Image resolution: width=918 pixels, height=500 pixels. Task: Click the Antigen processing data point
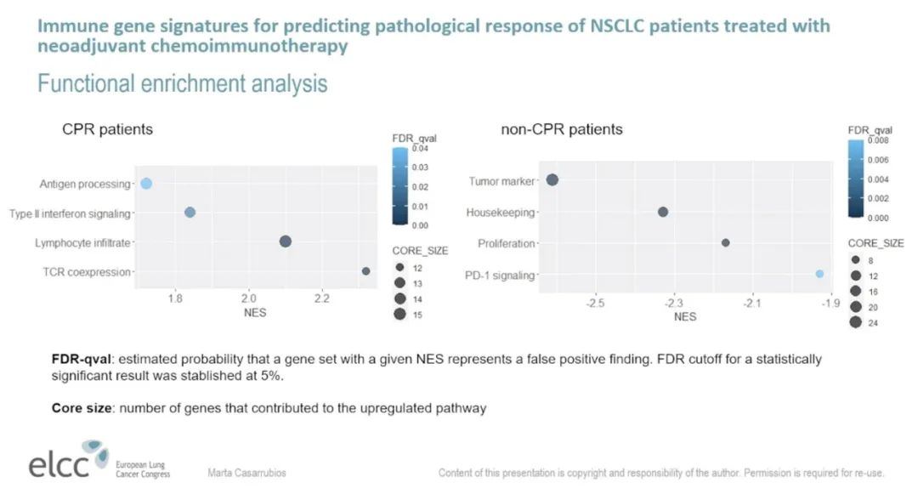(x=146, y=184)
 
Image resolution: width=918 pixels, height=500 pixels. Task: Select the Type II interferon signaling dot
(x=190, y=213)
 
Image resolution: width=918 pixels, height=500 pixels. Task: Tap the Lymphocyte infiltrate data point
(x=286, y=241)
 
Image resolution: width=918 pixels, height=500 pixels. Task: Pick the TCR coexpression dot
(x=366, y=271)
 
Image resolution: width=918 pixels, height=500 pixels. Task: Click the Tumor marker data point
(x=552, y=179)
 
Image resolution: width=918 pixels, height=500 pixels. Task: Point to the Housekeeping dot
(x=663, y=212)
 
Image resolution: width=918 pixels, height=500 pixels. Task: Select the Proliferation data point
(x=726, y=242)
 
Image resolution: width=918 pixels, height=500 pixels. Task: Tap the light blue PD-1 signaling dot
(x=819, y=274)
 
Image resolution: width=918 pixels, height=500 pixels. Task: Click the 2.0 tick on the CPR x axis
(x=248, y=298)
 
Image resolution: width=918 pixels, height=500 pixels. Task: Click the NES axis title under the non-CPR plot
(x=685, y=316)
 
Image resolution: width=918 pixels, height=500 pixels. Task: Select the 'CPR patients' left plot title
(x=107, y=130)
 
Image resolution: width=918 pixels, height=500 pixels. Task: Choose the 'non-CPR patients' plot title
(x=562, y=129)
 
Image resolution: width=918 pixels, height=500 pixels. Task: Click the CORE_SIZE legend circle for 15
(x=399, y=314)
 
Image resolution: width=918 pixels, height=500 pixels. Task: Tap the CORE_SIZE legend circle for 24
(x=855, y=321)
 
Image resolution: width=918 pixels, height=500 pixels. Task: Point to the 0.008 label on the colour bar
(x=877, y=140)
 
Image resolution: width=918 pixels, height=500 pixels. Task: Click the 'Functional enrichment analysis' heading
(x=182, y=84)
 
